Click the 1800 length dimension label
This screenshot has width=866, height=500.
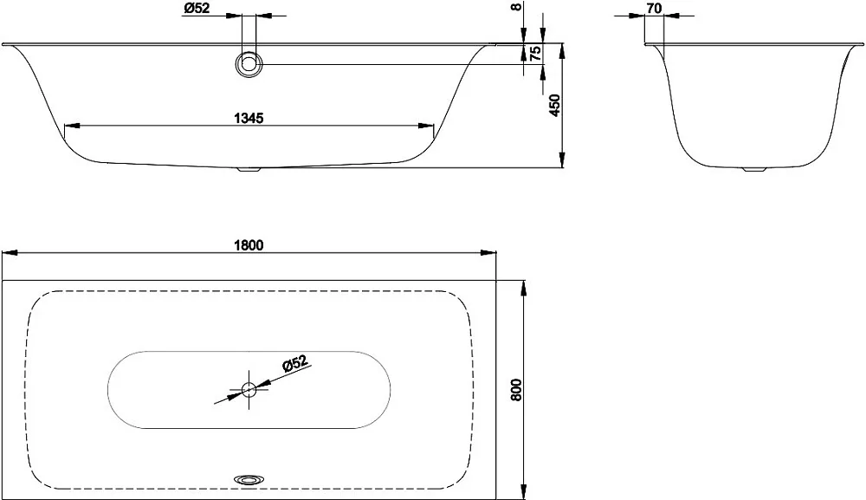[249, 245]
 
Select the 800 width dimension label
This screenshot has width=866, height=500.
[516, 390]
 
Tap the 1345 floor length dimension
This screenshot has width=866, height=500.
[249, 118]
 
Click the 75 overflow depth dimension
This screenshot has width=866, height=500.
[534, 54]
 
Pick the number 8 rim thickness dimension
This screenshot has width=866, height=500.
[516, 7]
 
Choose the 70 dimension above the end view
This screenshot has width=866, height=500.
[653, 9]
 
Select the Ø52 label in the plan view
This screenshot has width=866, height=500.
[294, 365]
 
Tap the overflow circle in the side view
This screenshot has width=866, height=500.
[249, 65]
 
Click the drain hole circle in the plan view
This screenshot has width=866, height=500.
[249, 389]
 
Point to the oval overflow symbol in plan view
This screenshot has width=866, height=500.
[249, 478]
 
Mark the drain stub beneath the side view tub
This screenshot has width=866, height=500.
[249, 169]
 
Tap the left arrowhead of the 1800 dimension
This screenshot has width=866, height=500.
[11, 253]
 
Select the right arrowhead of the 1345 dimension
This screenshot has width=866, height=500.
[425, 126]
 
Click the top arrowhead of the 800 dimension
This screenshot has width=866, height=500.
[522, 289]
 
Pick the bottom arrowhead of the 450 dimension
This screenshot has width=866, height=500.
[562, 159]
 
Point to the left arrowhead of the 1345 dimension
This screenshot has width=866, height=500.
[73, 126]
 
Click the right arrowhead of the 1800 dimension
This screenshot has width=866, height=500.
[488, 253]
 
